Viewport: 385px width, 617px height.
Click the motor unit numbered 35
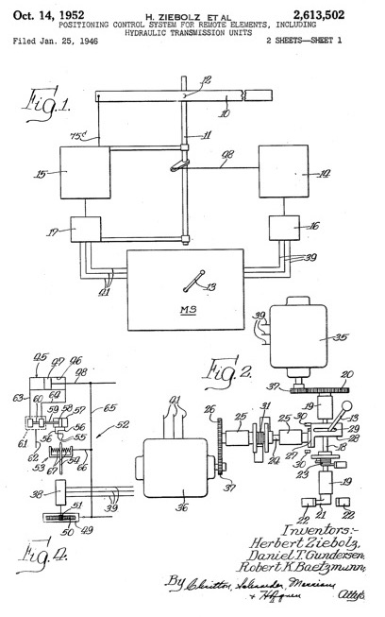298,334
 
